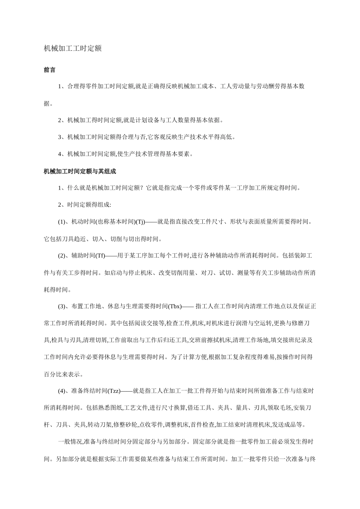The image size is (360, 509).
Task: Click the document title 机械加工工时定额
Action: point(72,49)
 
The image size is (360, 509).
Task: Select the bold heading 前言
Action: point(50,70)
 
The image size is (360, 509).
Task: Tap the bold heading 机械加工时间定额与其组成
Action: point(80,171)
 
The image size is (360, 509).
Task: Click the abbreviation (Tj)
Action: point(140,222)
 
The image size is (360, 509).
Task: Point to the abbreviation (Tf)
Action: point(100,256)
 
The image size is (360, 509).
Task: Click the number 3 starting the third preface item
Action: point(60,137)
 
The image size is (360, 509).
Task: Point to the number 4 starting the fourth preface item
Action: point(60,154)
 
